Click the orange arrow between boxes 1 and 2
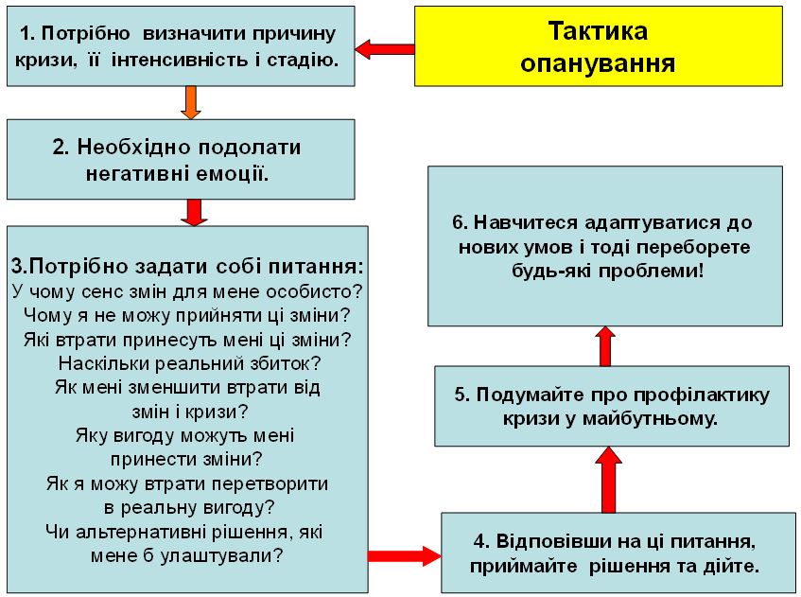click(190, 102)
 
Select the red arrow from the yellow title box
click(385, 49)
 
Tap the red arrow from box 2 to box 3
click(194, 212)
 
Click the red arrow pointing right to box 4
click(405, 555)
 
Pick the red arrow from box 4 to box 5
click(608, 480)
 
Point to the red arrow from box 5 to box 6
click(605, 346)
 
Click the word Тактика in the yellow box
click(599, 31)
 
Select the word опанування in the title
click(598, 63)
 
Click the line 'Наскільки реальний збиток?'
click(189, 363)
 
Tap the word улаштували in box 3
click(220, 555)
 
